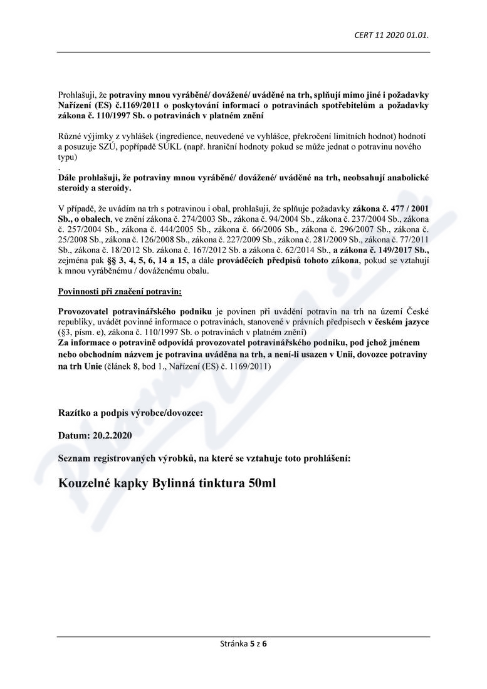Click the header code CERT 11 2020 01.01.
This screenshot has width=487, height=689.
tap(391, 34)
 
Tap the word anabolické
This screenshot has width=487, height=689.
tap(402, 178)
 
